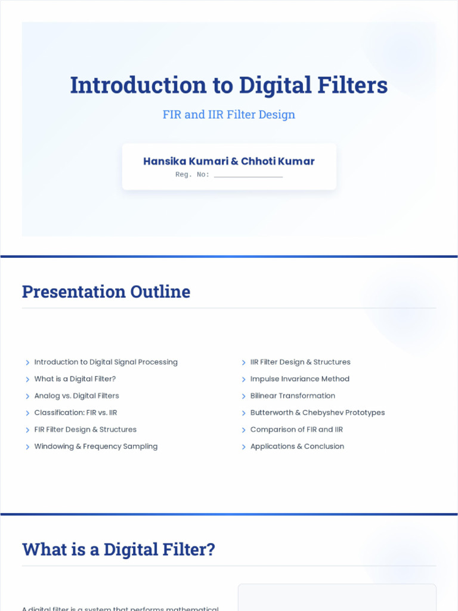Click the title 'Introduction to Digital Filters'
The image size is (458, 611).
click(x=229, y=85)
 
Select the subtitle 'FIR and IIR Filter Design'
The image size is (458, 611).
click(x=229, y=115)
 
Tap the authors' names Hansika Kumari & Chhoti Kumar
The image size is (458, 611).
click(x=229, y=161)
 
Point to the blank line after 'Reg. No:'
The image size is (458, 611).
click(x=248, y=175)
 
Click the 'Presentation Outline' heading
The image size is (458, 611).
click(x=106, y=292)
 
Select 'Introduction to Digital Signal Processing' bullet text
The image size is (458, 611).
click(x=106, y=362)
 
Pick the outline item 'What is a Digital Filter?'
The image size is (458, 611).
click(x=75, y=379)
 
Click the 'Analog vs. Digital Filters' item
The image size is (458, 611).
click(x=77, y=396)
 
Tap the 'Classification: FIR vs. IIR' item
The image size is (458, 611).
click(x=76, y=412)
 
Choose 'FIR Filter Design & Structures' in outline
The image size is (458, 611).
click(x=85, y=430)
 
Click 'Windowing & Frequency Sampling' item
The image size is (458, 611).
click(x=96, y=446)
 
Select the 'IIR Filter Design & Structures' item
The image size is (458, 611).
click(x=301, y=362)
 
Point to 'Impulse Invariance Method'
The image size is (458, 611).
click(x=300, y=379)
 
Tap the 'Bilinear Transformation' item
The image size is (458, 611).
click(x=293, y=396)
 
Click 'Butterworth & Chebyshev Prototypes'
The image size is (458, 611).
click(x=318, y=412)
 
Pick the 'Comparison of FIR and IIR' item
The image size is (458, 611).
click(x=297, y=430)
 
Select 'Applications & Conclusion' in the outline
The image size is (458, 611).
click(x=298, y=446)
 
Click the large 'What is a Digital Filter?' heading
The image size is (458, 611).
click(x=119, y=550)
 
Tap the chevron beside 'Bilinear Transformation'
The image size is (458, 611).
click(x=244, y=396)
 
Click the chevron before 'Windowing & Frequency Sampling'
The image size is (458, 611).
click(x=27, y=447)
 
